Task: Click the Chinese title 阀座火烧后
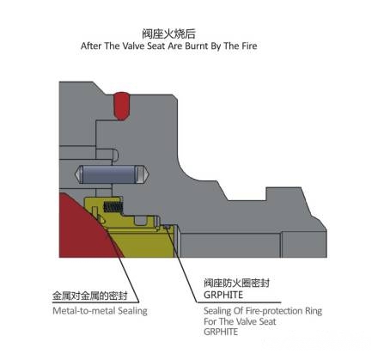tap(169, 34)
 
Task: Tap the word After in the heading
tap(91, 46)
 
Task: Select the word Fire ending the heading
tap(249, 46)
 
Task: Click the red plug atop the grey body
tap(121, 106)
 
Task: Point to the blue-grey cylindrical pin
tap(112, 174)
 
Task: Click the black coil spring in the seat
tap(113, 207)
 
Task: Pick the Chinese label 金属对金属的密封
tap(90, 296)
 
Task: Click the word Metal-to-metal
tap(84, 311)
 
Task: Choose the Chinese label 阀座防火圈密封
tap(236, 283)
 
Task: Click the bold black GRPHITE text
tap(223, 295)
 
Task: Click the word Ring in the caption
tap(314, 312)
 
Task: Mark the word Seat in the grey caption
tap(267, 321)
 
